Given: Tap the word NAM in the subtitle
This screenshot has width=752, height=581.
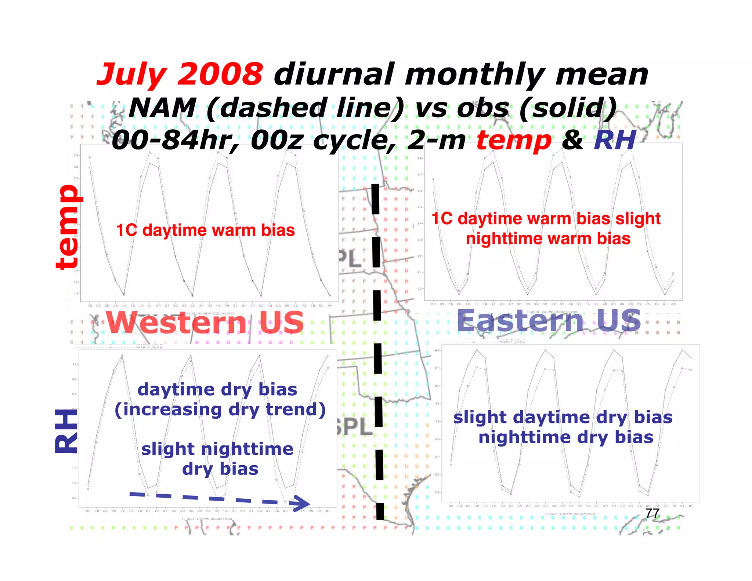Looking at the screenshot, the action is [x=162, y=108].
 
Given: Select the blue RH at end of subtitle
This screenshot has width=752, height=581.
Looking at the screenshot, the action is [x=615, y=140].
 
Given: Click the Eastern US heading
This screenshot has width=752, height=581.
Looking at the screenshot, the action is [x=549, y=321].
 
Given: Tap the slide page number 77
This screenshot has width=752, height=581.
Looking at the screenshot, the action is [x=652, y=513].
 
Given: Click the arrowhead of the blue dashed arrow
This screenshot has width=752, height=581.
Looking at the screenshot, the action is [x=302, y=502].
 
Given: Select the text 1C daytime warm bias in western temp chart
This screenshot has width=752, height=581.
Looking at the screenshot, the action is [x=205, y=231].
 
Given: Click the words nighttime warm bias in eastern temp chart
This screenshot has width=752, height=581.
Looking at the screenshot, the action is [x=548, y=239].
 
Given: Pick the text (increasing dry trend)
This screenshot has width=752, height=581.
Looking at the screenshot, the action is [x=220, y=410].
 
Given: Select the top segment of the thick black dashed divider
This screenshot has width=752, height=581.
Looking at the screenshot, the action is [x=375, y=199].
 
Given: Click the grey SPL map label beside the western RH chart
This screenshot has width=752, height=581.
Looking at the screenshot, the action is [x=353, y=427].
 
